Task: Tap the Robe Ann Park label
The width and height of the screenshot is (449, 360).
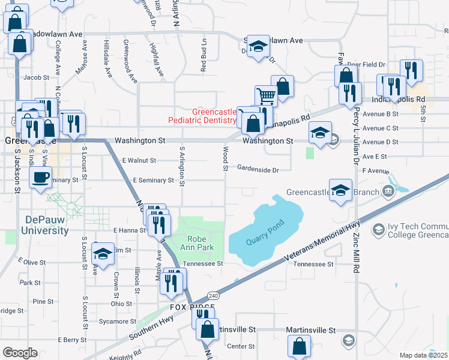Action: tap(197, 242)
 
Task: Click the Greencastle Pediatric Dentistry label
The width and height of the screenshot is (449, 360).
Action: tap(214, 116)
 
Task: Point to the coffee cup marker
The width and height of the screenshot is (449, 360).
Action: tap(41, 178)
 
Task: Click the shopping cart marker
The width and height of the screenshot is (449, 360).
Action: tap(266, 95)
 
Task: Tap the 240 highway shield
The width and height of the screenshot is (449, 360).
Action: tap(213, 296)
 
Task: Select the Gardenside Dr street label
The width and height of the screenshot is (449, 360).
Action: tap(258, 170)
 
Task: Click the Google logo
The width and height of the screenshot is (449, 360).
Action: tap(19, 353)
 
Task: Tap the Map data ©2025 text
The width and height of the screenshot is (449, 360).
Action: tap(424, 355)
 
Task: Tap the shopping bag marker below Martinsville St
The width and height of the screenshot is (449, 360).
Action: tap(299, 346)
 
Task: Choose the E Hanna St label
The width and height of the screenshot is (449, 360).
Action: tap(130, 230)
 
